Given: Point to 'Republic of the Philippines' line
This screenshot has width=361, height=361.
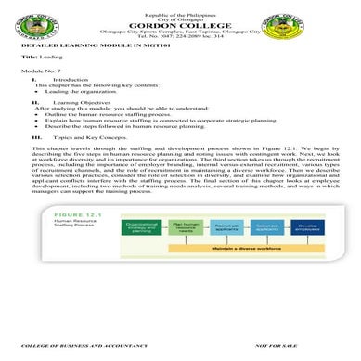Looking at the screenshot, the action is (x=180, y=6).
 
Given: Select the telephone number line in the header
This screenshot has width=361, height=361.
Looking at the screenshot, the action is (x=180, y=42).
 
